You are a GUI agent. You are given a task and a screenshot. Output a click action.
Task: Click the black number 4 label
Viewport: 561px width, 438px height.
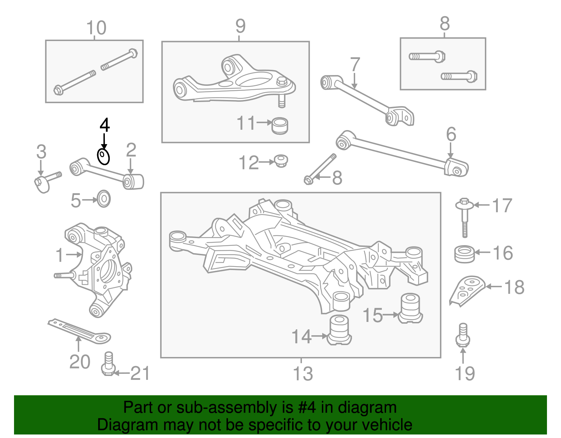point(104,125)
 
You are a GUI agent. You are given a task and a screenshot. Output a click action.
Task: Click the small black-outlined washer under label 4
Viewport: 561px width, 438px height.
point(103,156)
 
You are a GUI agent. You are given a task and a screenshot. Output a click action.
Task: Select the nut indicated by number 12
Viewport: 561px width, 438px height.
point(281,161)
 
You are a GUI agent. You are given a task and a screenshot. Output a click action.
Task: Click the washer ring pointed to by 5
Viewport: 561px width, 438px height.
point(103,199)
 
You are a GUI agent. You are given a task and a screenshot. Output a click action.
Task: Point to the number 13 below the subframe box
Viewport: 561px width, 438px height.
point(303,373)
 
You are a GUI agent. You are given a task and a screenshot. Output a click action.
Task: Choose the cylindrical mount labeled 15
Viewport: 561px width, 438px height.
point(410,308)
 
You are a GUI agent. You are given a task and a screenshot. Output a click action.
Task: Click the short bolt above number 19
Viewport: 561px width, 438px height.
point(463,335)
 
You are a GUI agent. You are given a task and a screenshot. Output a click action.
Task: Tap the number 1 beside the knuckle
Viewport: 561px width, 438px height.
point(60,255)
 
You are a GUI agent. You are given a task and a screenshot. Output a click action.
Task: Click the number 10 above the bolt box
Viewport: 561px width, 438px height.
point(96,28)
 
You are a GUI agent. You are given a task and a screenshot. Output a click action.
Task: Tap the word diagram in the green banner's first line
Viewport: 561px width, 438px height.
point(367,408)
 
